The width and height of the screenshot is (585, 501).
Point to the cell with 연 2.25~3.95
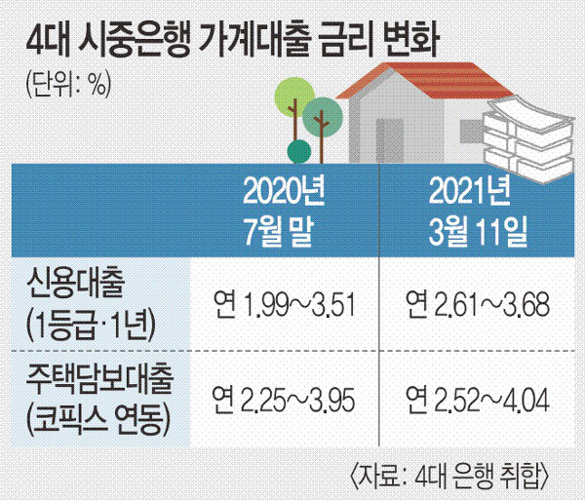[x=284, y=401]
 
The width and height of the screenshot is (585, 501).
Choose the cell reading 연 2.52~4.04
[x=478, y=401]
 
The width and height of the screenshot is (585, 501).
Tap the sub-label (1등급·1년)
[x=91, y=325]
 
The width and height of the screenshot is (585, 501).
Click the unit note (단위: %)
[x=68, y=84]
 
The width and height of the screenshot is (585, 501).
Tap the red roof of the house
[x=425, y=80]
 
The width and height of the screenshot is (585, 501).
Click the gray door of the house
[x=389, y=141]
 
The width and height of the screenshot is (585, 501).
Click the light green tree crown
[x=294, y=96]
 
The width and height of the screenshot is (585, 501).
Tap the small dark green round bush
[x=299, y=151]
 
